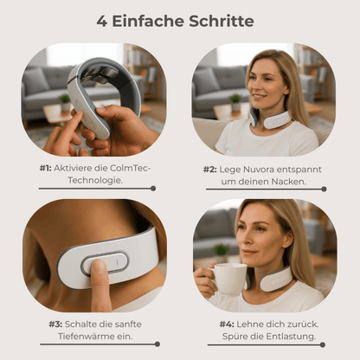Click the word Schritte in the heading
pos(222,21)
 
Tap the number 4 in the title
pos(101,22)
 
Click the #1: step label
pos(45,168)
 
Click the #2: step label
pos(209,170)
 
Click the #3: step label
pos(55,325)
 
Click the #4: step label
pos(227,325)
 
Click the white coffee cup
pos(228,279)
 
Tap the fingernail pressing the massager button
pos(99,266)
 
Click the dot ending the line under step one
pos(153,189)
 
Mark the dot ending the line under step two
pos(324,190)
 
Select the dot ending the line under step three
pos(157,344)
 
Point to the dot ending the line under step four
pos(323,344)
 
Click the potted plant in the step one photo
pos(65,102)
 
